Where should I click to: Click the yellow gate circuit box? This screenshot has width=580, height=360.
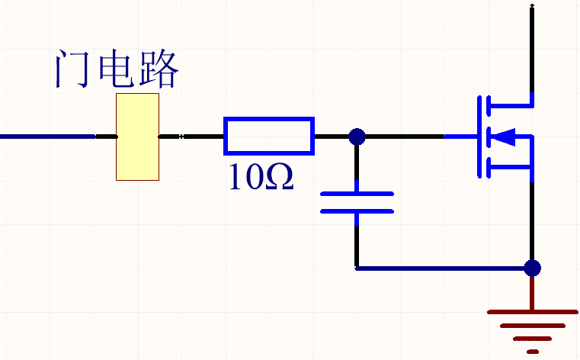point(137,137)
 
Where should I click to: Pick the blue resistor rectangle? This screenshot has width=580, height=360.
point(268,137)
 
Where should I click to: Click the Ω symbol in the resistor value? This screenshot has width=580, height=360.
point(278,178)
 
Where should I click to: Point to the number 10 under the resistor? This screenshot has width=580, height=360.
point(245,178)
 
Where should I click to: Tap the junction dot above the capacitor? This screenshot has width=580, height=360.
point(356,137)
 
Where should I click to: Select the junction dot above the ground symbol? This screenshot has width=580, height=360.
point(533,268)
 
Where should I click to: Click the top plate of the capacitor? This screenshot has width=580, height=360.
point(357,194)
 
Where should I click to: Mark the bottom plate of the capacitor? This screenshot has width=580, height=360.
point(357,210)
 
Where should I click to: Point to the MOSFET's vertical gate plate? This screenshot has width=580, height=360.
point(481,137)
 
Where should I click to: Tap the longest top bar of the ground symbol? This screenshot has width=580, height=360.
point(533,312)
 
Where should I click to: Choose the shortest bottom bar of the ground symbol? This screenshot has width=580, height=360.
point(533,352)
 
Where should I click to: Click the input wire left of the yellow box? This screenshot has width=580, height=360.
point(46,137)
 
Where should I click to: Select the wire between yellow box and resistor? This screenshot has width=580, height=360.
point(191,137)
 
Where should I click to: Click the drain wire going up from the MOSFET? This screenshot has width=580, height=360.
point(531,46)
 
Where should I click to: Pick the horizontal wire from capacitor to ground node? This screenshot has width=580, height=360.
point(442,268)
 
